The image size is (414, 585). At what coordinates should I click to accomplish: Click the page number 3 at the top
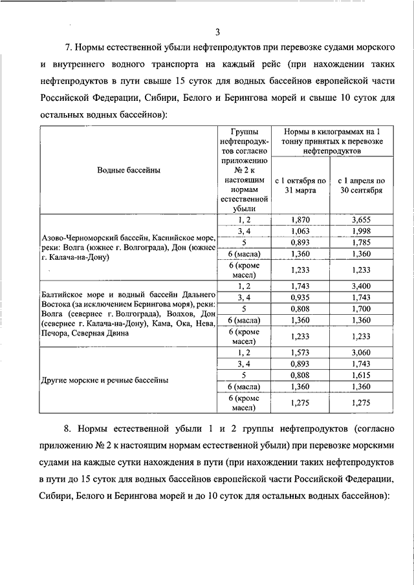click(218, 32)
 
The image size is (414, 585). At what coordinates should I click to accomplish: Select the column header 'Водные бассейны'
click(129, 170)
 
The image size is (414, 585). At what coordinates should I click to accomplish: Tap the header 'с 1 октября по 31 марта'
click(301, 186)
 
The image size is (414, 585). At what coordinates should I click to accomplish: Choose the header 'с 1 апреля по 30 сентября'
click(360, 186)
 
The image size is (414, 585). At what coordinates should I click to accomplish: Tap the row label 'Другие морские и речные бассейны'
click(105, 381)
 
